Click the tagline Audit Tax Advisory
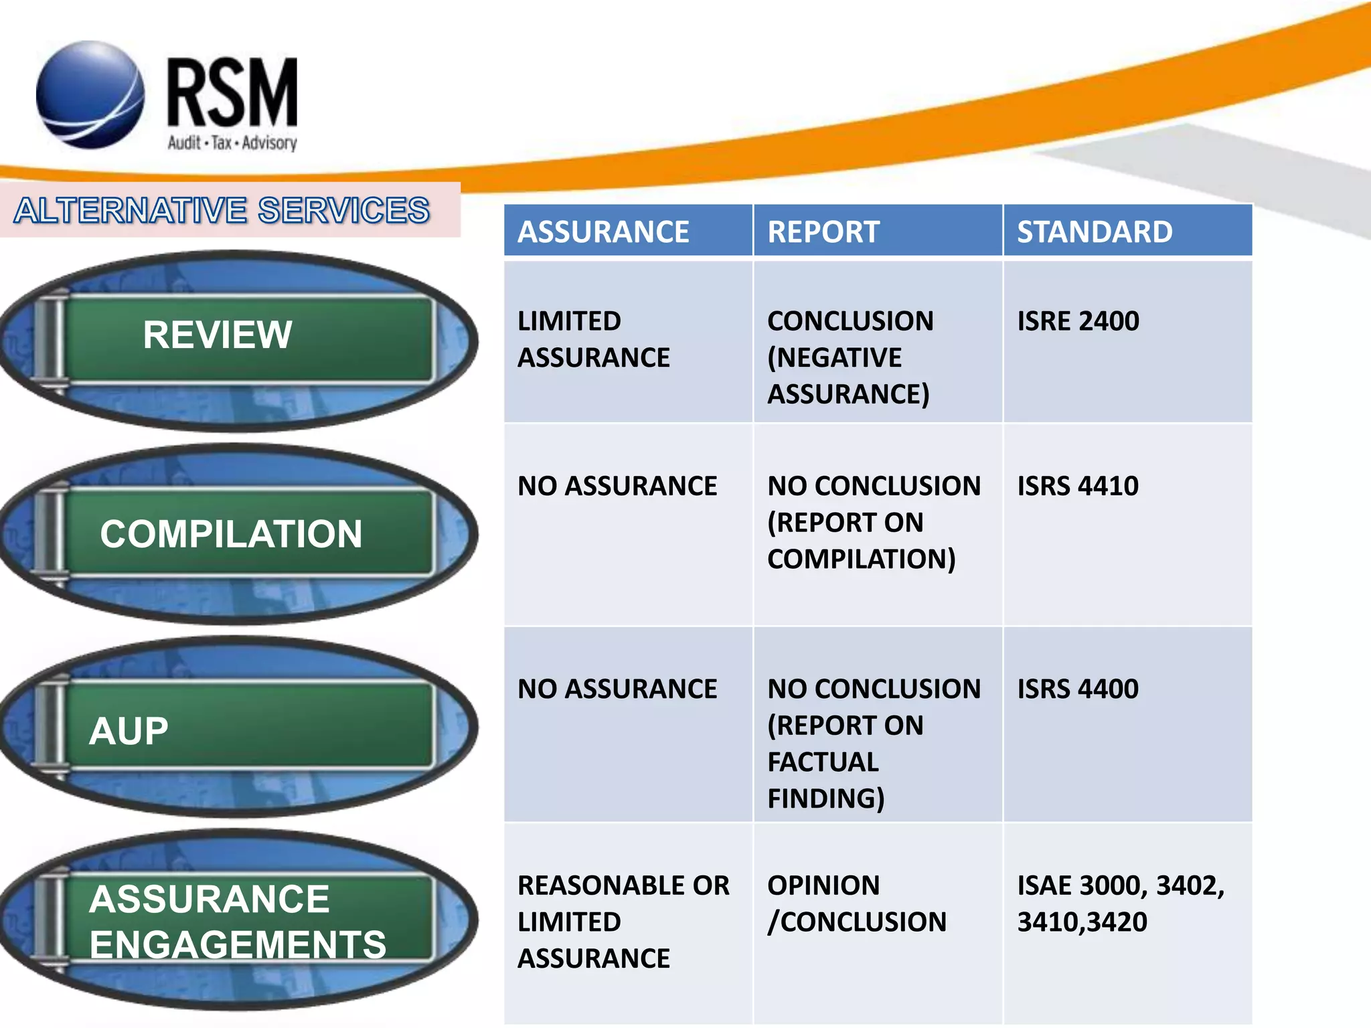(232, 143)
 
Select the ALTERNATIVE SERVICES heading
(222, 210)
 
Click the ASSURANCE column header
(603, 232)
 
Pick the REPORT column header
(823, 232)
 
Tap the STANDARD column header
(1095, 232)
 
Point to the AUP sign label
(129, 730)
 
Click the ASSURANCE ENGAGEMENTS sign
(238, 921)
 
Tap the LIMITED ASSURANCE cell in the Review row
(593, 339)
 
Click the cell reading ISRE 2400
(1078, 321)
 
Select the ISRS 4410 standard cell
(1078, 486)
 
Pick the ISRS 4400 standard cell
(1078, 689)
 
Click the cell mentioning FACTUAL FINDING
(874, 743)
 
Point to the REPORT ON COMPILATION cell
(874, 522)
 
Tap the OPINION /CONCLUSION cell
(857, 904)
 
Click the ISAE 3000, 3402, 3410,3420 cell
(1121, 904)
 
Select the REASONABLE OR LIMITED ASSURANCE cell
(623, 922)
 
